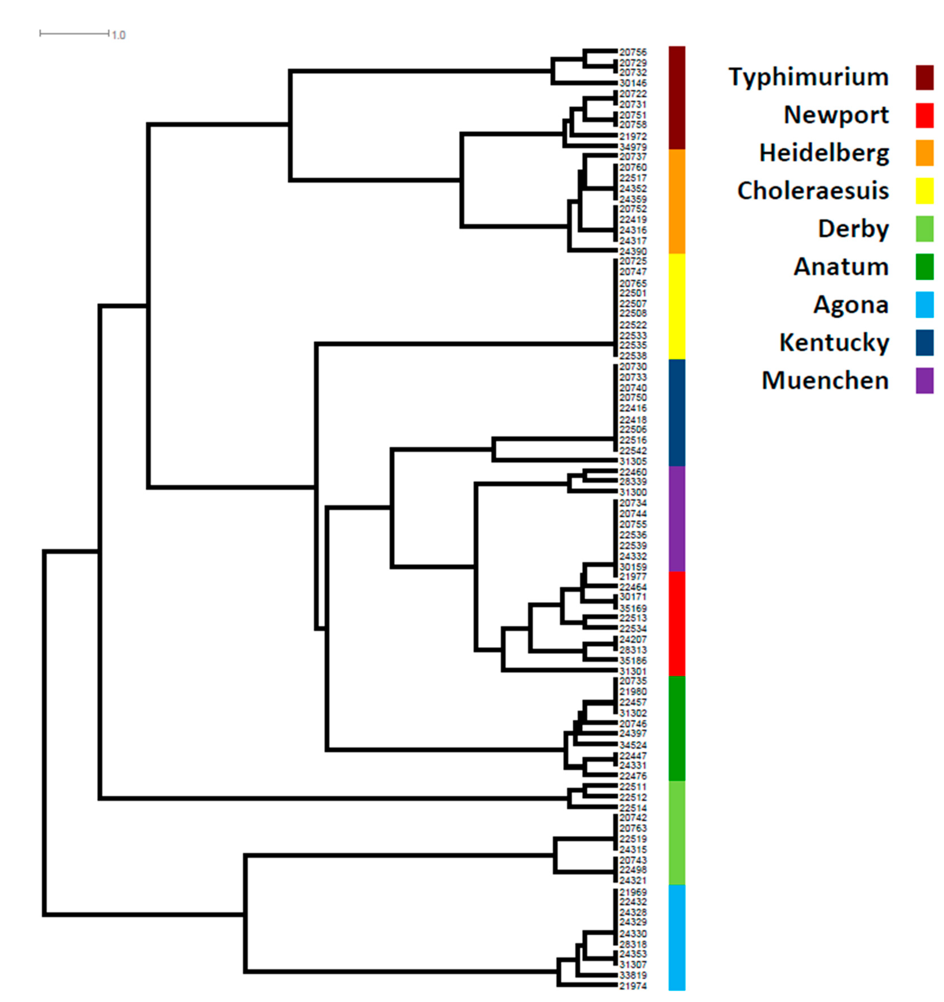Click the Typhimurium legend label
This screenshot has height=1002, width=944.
808,77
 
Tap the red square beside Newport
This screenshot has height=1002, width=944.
924,115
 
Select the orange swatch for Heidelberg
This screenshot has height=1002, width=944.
924,153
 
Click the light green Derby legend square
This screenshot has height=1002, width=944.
924,229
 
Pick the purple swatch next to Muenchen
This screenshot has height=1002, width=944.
924,381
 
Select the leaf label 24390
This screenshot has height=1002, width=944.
633,251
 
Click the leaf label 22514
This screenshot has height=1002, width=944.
633,808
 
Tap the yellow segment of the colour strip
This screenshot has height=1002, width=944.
677,306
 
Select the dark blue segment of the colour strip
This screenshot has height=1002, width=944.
677,412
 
